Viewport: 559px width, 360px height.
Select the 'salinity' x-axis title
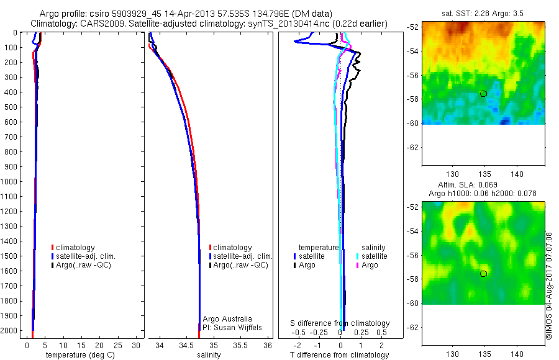(209, 355)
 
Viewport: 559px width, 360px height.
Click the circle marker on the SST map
(483, 94)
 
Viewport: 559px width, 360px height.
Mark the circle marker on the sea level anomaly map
(483, 274)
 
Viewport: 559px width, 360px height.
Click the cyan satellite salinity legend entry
(373, 256)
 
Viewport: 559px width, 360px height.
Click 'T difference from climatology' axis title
(340, 355)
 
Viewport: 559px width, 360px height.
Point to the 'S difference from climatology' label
(340, 323)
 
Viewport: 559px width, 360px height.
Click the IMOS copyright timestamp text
(549, 286)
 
